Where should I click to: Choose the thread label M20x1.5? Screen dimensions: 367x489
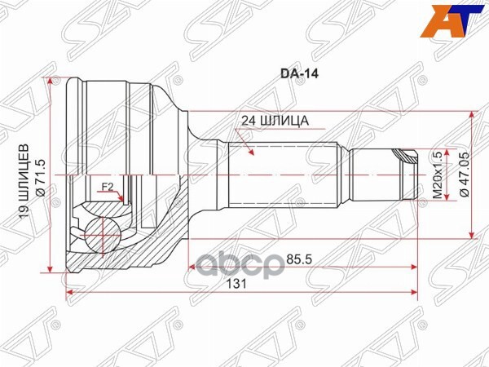(x=437, y=175)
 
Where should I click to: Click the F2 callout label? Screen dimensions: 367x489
(x=106, y=188)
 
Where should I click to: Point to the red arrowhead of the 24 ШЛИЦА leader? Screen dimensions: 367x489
(x=253, y=153)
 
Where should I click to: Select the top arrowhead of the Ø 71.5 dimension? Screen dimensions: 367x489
(x=54, y=82)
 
